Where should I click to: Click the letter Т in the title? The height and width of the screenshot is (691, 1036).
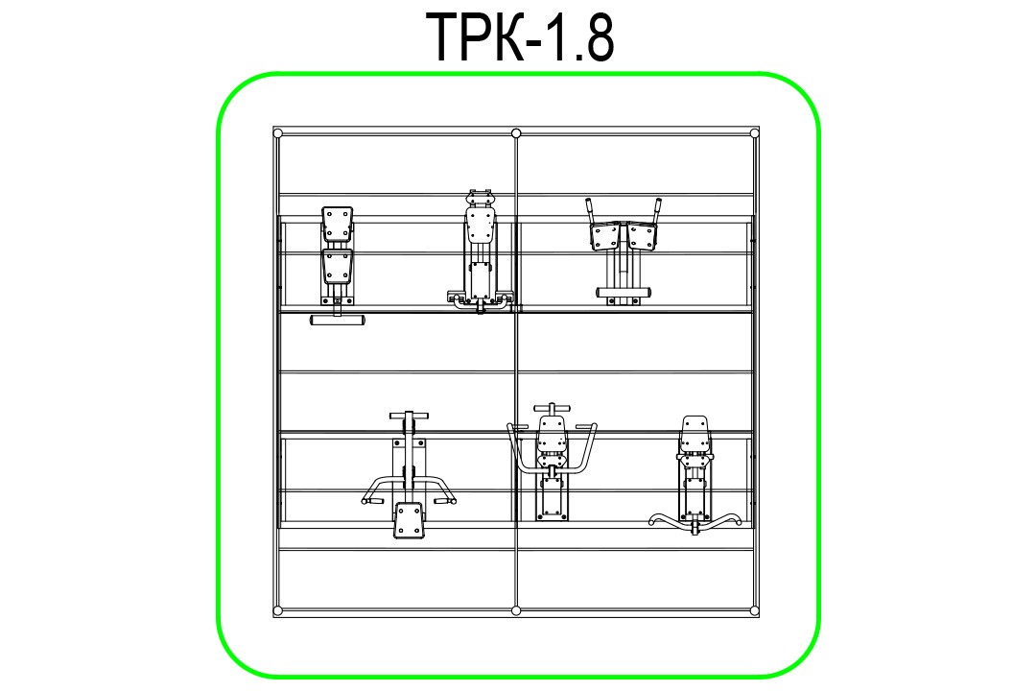click(x=450, y=37)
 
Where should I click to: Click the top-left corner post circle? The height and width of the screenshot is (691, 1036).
click(x=277, y=132)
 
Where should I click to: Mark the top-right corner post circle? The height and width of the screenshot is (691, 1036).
click(x=754, y=132)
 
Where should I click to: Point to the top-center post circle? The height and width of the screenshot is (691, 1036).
click(x=516, y=132)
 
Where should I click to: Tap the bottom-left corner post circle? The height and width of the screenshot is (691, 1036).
click(x=277, y=610)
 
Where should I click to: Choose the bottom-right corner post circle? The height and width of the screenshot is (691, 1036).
click(x=754, y=610)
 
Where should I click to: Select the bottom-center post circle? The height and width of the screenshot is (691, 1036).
click(x=516, y=610)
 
